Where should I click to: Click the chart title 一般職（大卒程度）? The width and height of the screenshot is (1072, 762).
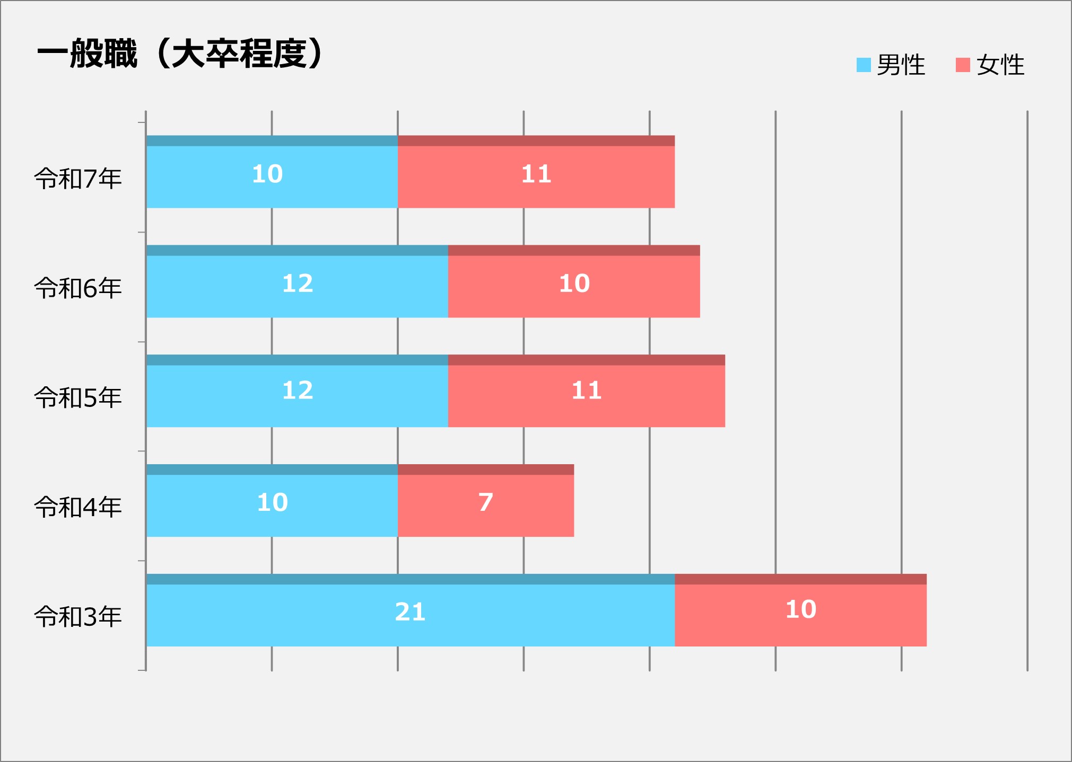pyautogui.click(x=180, y=54)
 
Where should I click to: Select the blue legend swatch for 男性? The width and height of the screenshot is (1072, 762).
pyautogui.click(x=864, y=65)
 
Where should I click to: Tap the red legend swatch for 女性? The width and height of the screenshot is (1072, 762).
pyautogui.click(x=963, y=65)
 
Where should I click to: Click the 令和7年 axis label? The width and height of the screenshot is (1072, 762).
pyautogui.click(x=78, y=179)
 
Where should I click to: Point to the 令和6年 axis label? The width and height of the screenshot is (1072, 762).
pyautogui.click(x=78, y=288)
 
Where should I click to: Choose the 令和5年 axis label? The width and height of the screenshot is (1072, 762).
pyautogui.click(x=78, y=397)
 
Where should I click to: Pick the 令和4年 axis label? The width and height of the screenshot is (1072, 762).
pyautogui.click(x=78, y=507)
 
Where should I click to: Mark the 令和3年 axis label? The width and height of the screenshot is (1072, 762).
pyautogui.click(x=78, y=617)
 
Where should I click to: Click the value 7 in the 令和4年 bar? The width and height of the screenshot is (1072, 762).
pyautogui.click(x=486, y=502)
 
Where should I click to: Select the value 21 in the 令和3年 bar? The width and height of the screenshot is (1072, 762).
pyautogui.click(x=410, y=612)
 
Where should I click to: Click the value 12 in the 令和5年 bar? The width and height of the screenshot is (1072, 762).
pyautogui.click(x=298, y=391)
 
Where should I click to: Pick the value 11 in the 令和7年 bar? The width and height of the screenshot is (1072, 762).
pyautogui.click(x=536, y=174)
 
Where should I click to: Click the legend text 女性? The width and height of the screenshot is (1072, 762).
pyautogui.click(x=1000, y=65)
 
